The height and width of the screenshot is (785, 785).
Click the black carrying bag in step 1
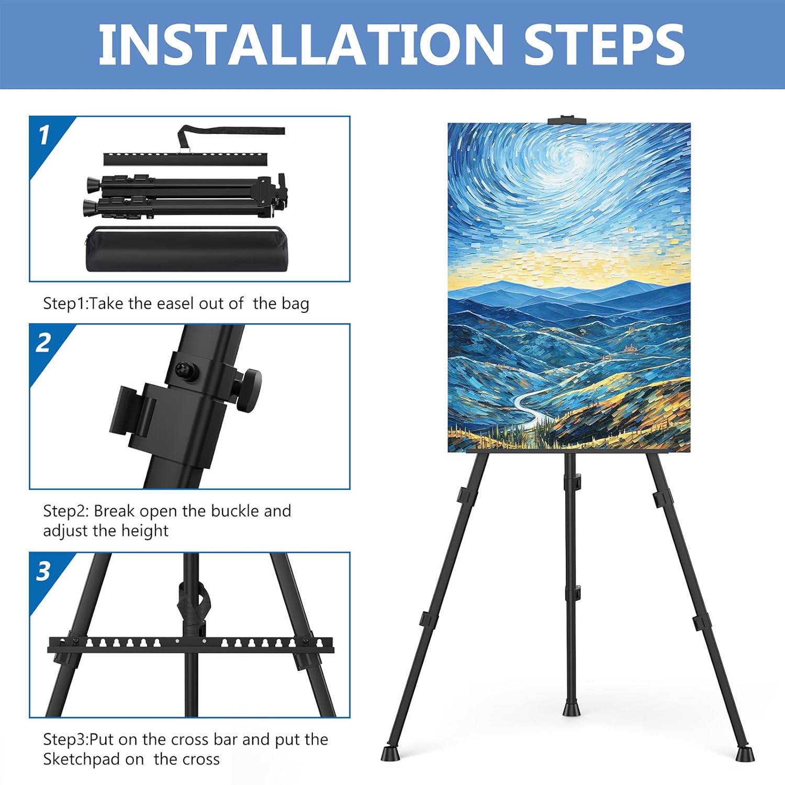[187, 249]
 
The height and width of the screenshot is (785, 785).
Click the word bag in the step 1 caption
[295, 304]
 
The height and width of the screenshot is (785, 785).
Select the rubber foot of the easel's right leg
[745, 754]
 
